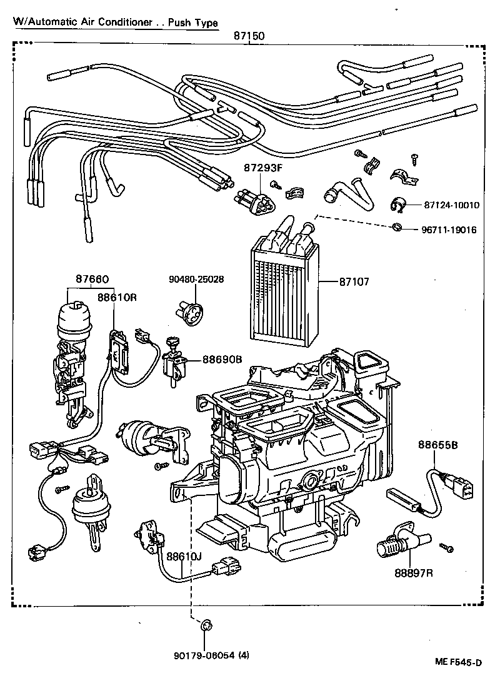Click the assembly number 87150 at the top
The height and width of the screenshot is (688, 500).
[x=249, y=37]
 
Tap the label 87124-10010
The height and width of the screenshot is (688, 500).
[x=446, y=205]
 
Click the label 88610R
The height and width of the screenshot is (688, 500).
[x=116, y=298]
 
